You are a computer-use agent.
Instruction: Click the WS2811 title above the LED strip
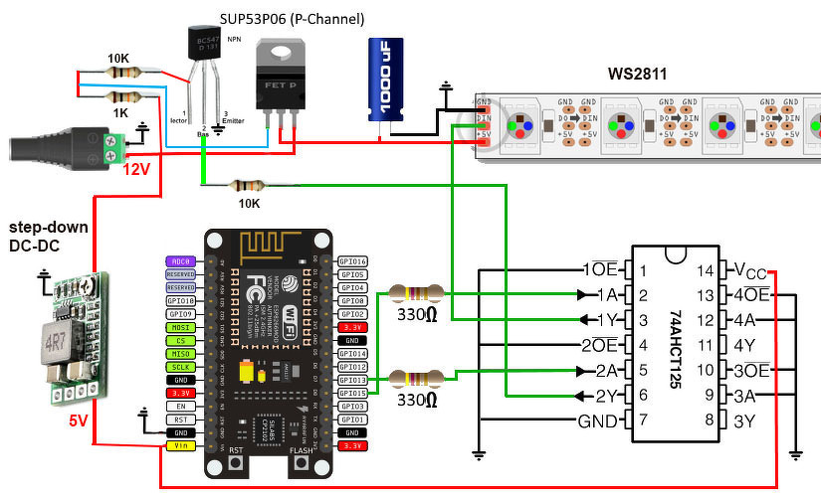[637, 74]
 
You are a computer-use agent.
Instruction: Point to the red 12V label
[136, 169]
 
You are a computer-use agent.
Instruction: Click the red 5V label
[78, 420]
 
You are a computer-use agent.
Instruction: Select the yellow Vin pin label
[179, 446]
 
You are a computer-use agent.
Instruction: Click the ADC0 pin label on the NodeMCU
[179, 261]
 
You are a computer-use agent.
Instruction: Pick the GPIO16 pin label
[353, 260]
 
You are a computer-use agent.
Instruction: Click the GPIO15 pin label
[353, 394]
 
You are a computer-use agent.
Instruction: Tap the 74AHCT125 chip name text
[676, 346]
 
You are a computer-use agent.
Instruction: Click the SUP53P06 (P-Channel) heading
[292, 19]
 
